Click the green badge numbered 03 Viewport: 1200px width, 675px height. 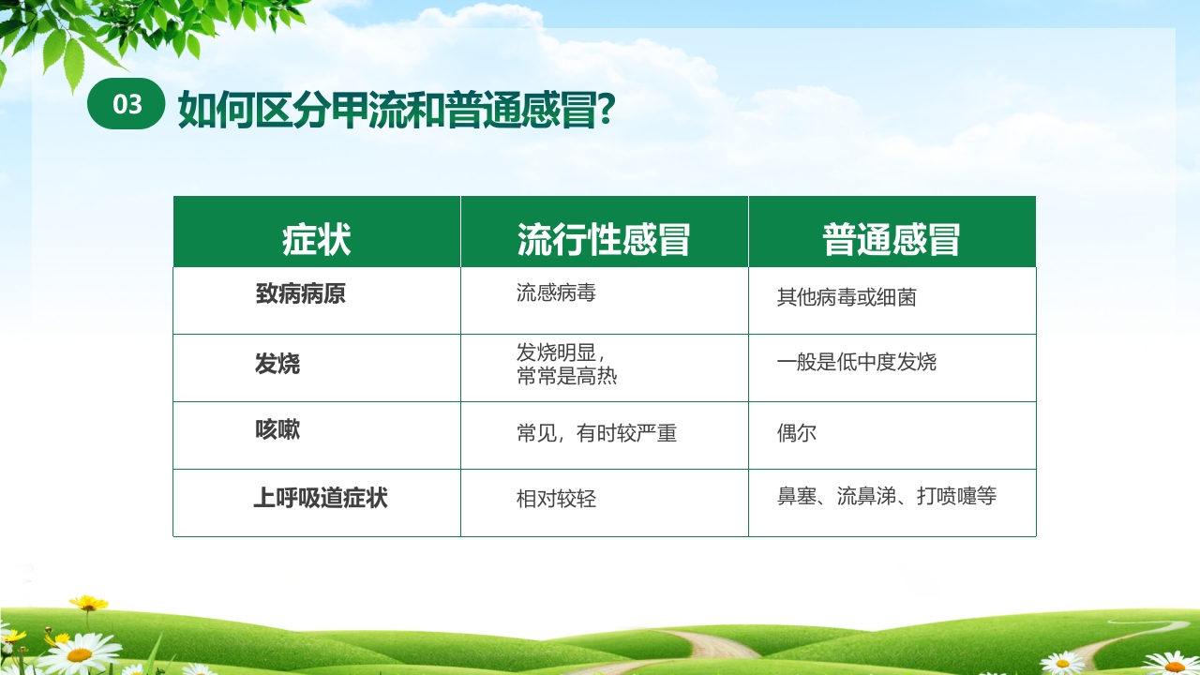[127, 104]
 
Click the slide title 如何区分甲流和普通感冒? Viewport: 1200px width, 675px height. [396, 108]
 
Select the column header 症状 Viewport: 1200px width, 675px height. [317, 240]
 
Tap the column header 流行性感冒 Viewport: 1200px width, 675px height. [604, 240]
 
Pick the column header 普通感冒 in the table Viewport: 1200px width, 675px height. [892, 240]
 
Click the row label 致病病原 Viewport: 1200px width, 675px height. [301, 294]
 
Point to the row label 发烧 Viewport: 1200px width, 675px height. [277, 364]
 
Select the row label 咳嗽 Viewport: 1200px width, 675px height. [277, 430]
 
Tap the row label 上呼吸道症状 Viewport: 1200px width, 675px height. [321, 498]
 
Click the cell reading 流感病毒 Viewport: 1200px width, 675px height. [556, 293]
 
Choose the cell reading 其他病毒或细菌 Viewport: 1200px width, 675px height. [847, 298]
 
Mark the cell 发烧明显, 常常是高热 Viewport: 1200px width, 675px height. [566, 364]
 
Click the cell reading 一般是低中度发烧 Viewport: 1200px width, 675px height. [857, 362]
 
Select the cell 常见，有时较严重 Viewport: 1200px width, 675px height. [596, 433]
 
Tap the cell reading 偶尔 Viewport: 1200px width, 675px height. [797, 434]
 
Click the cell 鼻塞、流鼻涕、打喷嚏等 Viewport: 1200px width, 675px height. [887, 496]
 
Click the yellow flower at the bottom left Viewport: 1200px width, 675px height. [88, 603]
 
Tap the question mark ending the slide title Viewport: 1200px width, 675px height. [606, 108]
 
